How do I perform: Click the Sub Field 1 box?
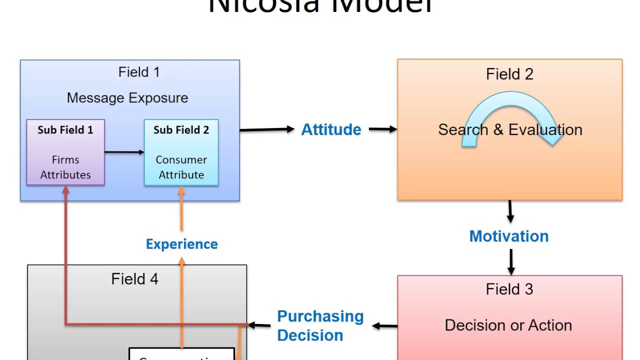tap(65, 152)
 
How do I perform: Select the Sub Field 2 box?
tap(181, 152)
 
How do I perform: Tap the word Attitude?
tap(331, 130)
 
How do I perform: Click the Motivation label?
tap(508, 236)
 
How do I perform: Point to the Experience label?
tap(181, 244)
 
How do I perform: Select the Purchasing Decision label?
tap(320, 325)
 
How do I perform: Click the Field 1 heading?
tap(139, 72)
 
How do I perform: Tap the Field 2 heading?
tap(509, 74)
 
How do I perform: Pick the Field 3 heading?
tap(509, 289)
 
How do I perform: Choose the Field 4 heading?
tap(134, 279)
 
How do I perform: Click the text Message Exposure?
tap(127, 98)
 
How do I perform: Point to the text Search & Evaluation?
tap(510, 130)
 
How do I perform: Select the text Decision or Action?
tap(508, 325)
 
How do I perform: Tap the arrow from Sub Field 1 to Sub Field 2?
tap(124, 152)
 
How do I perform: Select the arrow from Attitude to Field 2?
tap(382, 129)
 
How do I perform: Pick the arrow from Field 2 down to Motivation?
tap(510, 211)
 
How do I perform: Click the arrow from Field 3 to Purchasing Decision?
tap(385, 326)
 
